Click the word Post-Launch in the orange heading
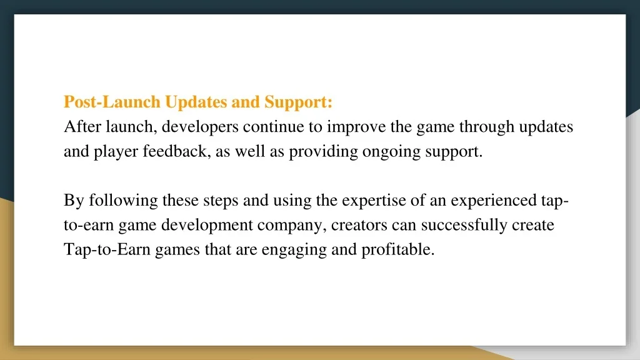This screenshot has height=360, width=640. (112, 102)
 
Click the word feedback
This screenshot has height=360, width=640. (177, 151)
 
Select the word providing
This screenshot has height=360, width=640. (323, 152)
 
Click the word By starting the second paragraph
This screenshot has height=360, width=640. (74, 201)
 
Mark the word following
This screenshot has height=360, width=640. (123, 201)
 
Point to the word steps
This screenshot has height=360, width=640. (221, 201)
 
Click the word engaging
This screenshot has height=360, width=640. (294, 250)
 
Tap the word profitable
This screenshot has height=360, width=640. (398, 249)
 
